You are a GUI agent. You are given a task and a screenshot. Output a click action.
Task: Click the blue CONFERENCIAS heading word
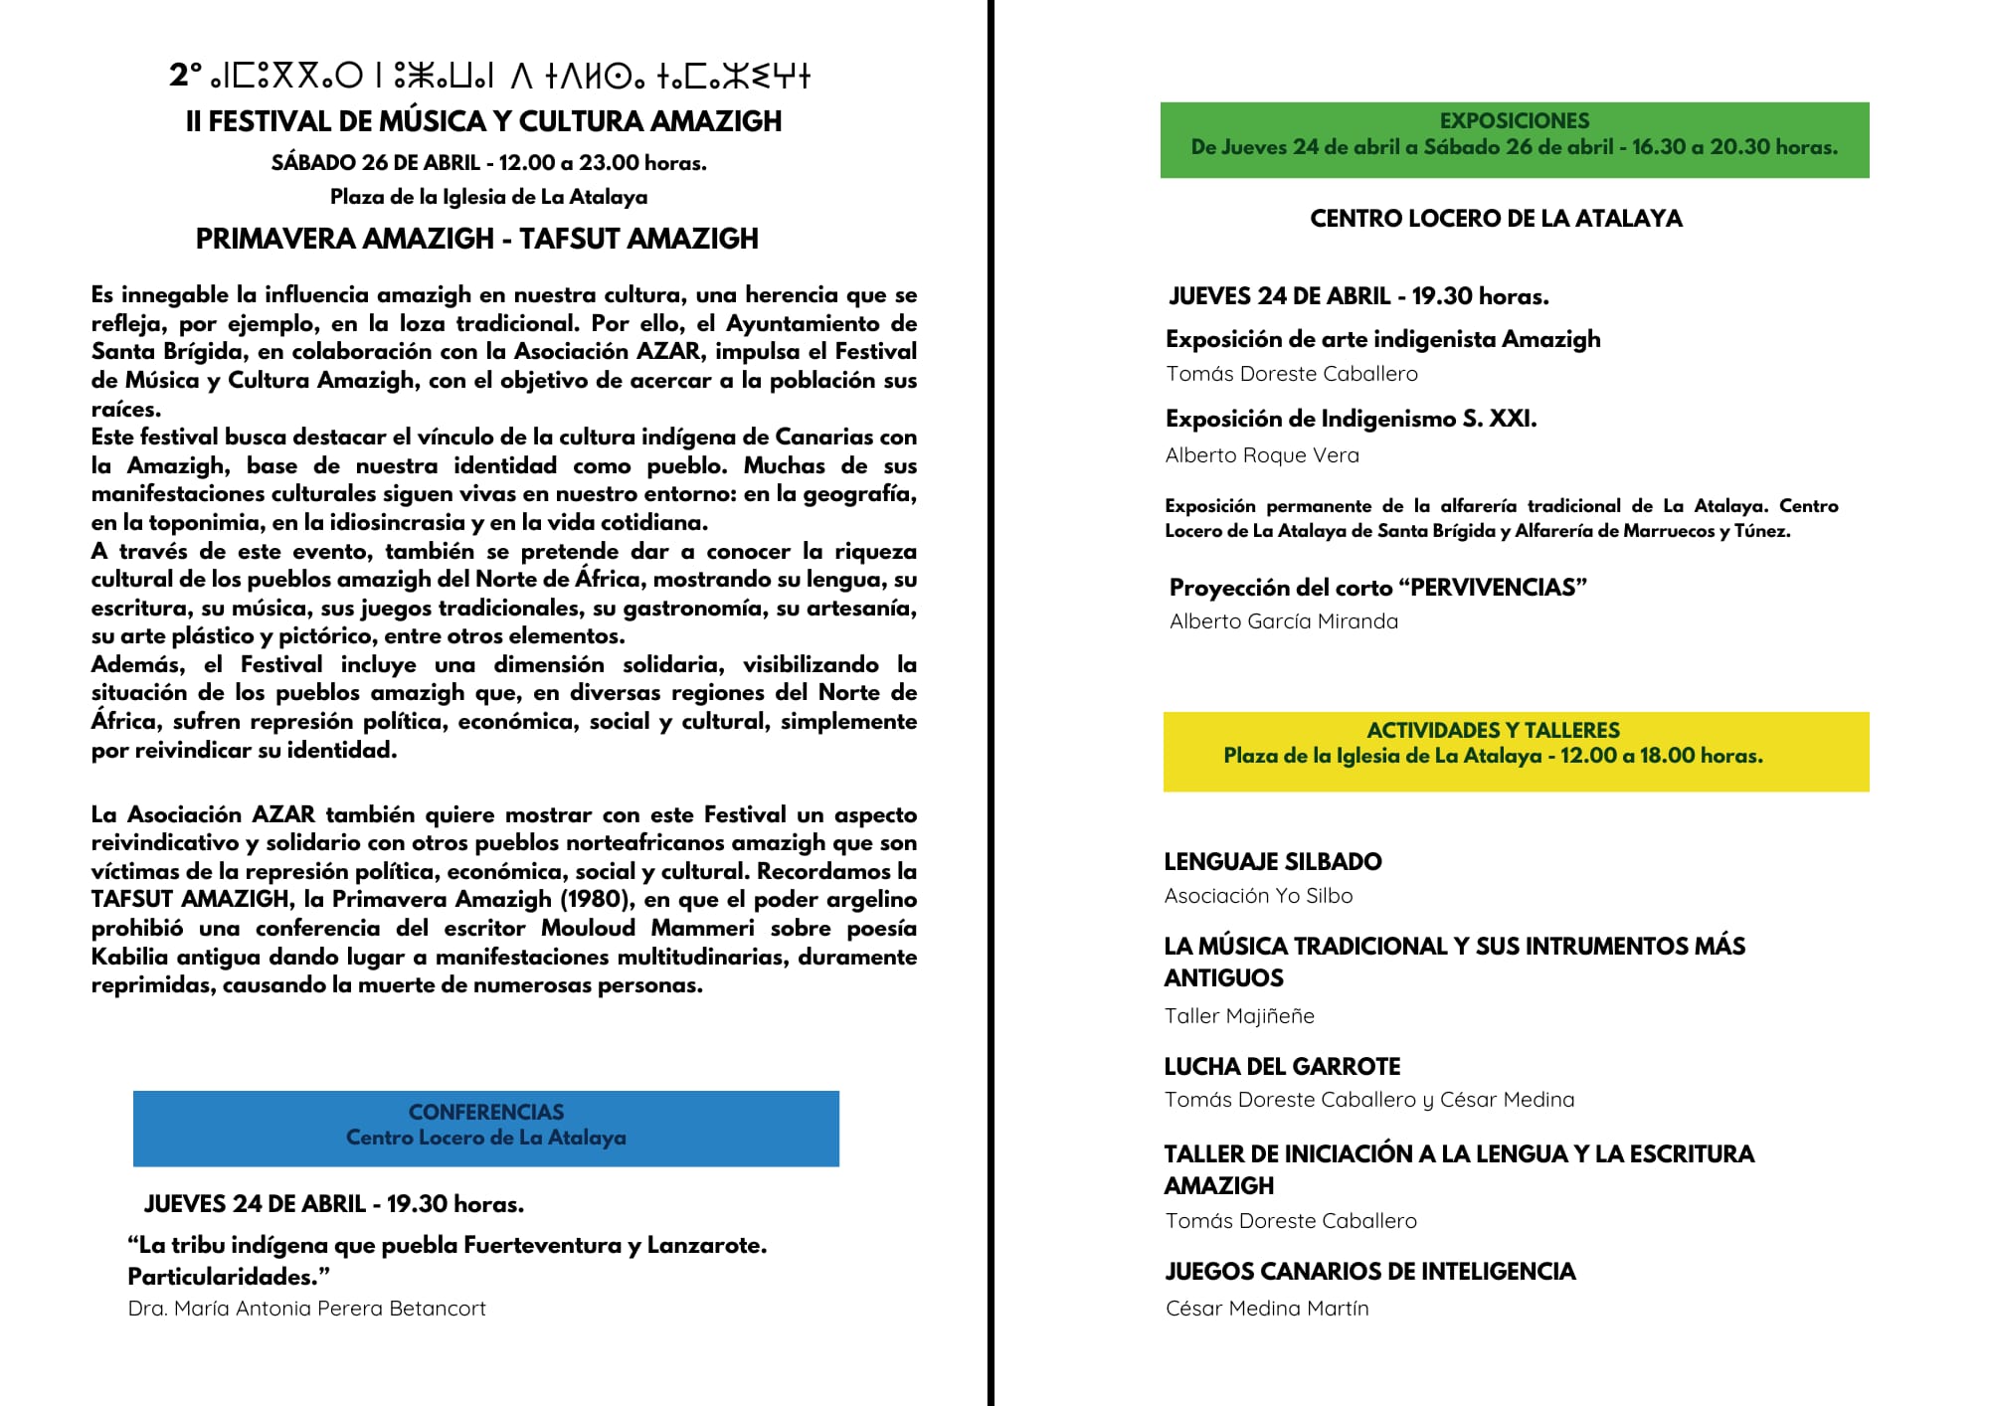click(x=485, y=1112)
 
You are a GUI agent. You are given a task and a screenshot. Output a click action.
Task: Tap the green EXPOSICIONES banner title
click(x=1514, y=121)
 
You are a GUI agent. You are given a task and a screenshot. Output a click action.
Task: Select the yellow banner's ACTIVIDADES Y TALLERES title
click(x=1493, y=730)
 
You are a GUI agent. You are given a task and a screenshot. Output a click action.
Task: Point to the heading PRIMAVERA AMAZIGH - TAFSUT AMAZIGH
click(x=476, y=239)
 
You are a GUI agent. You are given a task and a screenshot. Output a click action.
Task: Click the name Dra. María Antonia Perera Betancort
click(x=306, y=1309)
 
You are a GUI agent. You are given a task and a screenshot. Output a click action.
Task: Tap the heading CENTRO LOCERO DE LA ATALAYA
click(x=1496, y=219)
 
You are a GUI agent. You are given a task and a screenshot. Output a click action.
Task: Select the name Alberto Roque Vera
click(x=1262, y=455)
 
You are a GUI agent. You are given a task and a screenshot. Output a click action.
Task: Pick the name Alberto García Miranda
click(x=1283, y=621)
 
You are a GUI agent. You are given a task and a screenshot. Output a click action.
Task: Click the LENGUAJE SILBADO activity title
click(x=1273, y=862)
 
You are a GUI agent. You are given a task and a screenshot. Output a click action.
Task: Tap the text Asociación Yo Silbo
click(x=1258, y=896)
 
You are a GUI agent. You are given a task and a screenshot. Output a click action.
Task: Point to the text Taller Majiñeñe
click(x=1239, y=1016)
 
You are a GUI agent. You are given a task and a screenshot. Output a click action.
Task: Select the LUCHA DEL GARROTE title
click(x=1282, y=1067)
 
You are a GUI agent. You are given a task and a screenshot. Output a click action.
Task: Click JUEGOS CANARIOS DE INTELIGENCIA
click(x=1369, y=1272)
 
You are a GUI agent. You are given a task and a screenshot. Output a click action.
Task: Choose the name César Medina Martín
click(x=1267, y=1309)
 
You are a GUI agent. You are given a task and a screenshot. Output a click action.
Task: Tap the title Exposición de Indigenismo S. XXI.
click(x=1351, y=420)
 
